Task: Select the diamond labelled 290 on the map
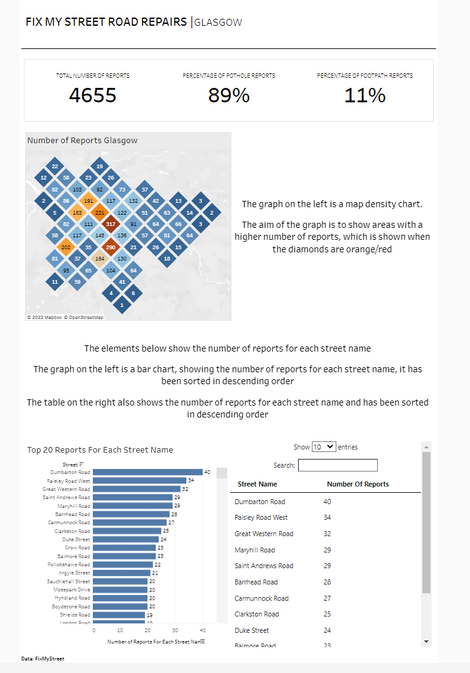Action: click(x=110, y=247)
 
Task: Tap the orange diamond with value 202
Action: click(x=65, y=247)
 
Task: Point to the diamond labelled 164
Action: click(x=99, y=259)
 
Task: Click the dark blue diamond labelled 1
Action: click(x=122, y=305)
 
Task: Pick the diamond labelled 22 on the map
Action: click(x=55, y=166)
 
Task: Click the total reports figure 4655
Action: click(x=93, y=95)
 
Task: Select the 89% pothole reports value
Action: click(x=228, y=95)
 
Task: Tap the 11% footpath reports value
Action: click(x=365, y=95)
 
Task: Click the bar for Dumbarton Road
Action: click(x=147, y=472)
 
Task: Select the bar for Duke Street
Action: click(x=126, y=539)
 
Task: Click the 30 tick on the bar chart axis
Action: click(x=175, y=630)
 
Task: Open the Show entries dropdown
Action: click(x=323, y=447)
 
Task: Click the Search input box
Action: click(x=338, y=465)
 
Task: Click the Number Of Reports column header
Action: click(x=358, y=484)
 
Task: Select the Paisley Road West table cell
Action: click(x=261, y=517)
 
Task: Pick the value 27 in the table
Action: click(x=327, y=598)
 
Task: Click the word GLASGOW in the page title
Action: click(x=218, y=23)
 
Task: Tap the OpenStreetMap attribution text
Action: click(x=86, y=318)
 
